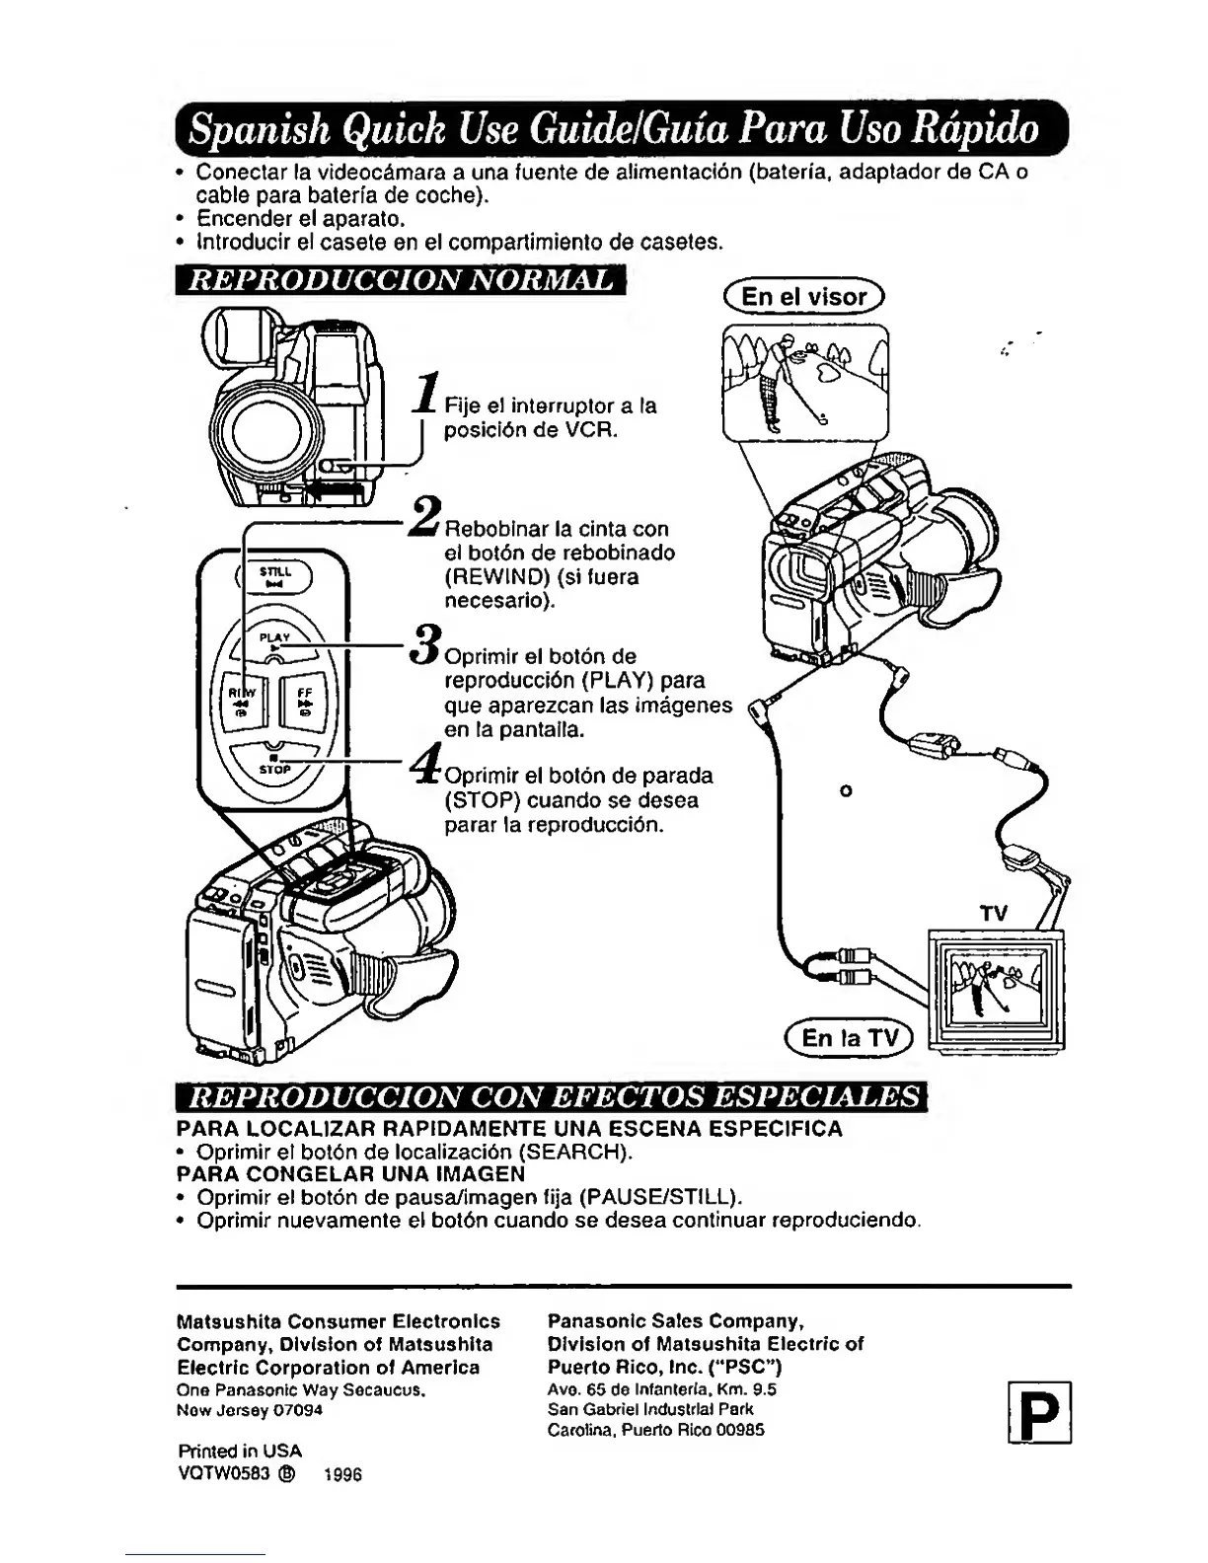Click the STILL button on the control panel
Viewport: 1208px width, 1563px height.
(270, 576)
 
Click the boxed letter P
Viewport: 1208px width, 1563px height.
(1040, 1412)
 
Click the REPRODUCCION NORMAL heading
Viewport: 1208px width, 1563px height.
(401, 279)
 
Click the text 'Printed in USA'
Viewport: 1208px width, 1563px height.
(240, 1451)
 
